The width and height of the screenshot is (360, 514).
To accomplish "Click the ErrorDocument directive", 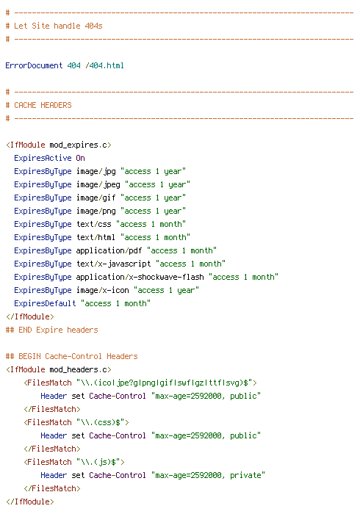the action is point(34,65).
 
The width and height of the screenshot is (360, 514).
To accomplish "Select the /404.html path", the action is point(104,65).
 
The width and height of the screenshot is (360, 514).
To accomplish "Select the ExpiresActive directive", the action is point(43,158).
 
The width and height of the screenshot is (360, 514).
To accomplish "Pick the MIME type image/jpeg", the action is point(98,185).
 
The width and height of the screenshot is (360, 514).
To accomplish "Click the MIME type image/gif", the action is point(96,198).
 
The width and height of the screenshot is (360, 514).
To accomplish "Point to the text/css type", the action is point(94,224).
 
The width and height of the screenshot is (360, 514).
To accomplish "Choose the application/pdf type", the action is point(109,251).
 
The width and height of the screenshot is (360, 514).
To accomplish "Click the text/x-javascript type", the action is point(113,264).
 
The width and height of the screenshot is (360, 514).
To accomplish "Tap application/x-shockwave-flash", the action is point(140,277).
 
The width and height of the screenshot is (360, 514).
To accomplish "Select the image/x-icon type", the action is point(102,291).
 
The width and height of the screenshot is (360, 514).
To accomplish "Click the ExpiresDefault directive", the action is point(45,303).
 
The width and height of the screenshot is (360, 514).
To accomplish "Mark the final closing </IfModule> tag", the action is point(30,502).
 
